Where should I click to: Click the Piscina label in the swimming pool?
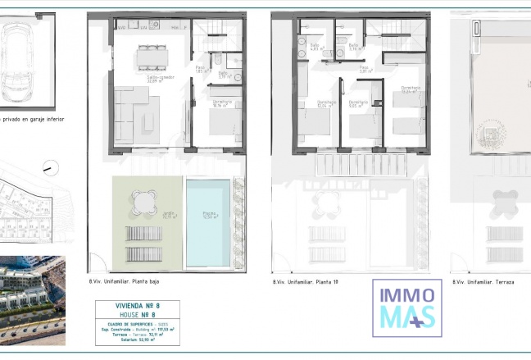[210, 216]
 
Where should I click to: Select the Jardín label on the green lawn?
[168, 216]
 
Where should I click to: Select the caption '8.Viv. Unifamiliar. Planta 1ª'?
[306, 282]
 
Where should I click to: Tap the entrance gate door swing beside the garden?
[97, 262]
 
